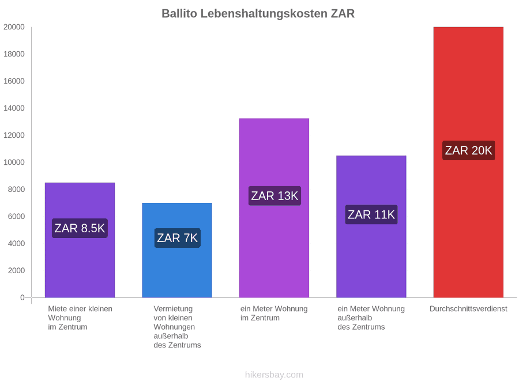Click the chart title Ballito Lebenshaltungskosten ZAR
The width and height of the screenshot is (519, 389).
258,14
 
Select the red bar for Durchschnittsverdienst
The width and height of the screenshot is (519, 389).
468,162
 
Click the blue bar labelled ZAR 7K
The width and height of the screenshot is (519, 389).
177,250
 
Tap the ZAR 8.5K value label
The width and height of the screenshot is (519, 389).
80,228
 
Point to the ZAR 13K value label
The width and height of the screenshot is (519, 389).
274,196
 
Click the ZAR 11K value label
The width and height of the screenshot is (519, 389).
371,215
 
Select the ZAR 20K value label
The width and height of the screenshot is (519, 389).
469,150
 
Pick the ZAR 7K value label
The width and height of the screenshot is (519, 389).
178,238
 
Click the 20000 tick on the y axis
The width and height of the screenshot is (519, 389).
14,27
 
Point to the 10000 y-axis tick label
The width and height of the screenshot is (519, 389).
14,163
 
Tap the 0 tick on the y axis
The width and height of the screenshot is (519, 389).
22,298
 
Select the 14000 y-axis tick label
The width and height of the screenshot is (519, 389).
14,108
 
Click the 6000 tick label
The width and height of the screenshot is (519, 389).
16,216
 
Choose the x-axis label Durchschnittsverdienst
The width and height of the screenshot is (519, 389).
468,309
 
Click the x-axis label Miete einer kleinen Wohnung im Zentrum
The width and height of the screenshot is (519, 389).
80,318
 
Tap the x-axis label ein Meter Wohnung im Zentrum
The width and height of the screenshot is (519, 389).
274,314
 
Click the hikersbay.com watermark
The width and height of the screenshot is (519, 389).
274,375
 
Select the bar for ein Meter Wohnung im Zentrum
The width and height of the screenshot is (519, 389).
274,207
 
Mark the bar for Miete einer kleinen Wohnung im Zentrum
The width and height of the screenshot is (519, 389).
80,240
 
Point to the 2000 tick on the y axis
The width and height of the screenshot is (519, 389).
16,271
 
